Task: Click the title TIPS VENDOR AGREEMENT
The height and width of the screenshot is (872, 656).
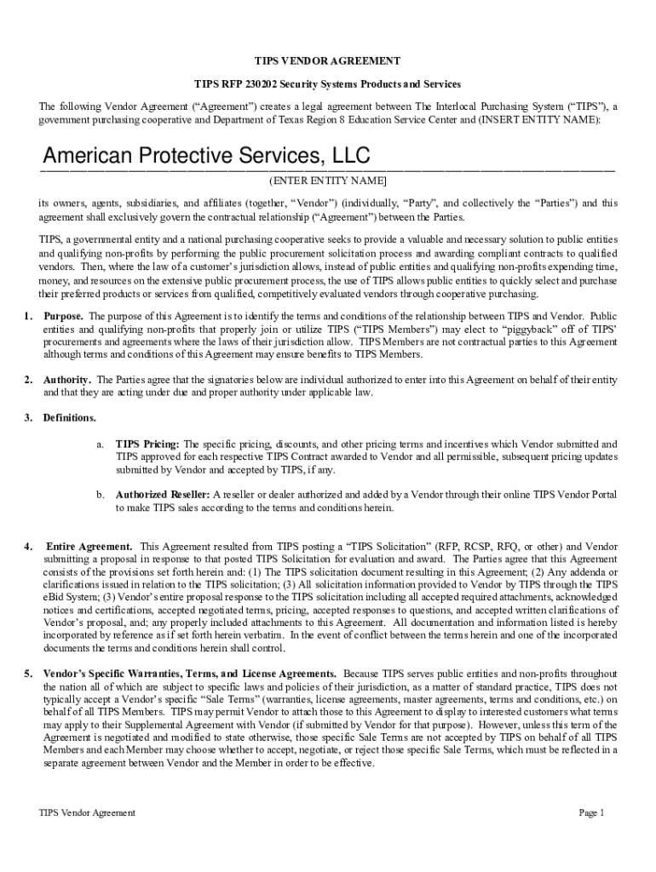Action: coord(328,61)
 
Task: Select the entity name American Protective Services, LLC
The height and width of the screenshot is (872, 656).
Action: coord(206,156)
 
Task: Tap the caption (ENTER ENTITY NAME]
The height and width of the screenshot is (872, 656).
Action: coord(328,181)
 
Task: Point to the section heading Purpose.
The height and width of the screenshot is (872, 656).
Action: coord(64,316)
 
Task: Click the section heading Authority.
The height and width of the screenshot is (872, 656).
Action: coord(68,379)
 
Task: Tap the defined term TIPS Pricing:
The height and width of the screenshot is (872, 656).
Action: coord(147,444)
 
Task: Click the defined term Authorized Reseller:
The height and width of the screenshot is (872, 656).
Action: coord(163,495)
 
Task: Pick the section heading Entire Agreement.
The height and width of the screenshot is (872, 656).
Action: coord(89,546)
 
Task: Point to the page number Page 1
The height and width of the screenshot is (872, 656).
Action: coord(591,812)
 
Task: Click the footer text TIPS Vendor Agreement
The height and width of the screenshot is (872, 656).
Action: coord(87,812)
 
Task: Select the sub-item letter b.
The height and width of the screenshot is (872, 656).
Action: coord(100,495)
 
